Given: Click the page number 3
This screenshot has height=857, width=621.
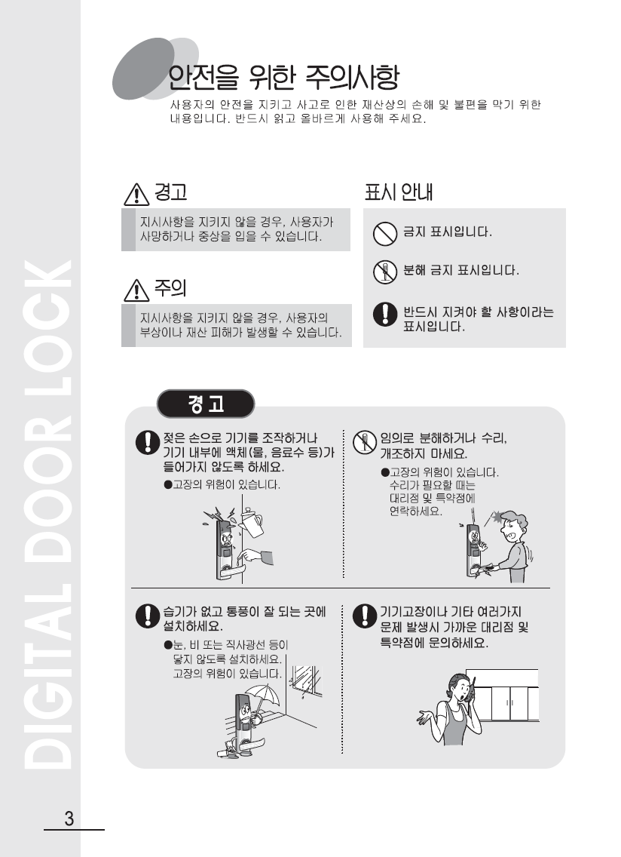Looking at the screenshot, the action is click(x=69, y=819).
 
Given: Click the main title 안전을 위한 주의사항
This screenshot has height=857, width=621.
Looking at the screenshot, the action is click(x=283, y=77).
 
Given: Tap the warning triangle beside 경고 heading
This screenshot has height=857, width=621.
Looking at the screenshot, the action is click(x=136, y=194).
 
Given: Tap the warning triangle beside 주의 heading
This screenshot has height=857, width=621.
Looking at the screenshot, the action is click(x=136, y=290).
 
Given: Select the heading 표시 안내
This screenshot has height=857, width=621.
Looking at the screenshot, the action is click(x=399, y=192).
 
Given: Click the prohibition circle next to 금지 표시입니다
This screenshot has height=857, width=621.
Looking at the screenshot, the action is click(x=384, y=234).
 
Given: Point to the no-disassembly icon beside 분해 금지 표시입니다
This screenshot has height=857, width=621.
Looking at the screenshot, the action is click(x=384, y=272).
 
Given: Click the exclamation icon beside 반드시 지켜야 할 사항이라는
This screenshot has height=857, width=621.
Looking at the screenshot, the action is click(x=384, y=314).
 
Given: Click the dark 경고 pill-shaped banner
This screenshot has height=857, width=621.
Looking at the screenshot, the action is click(x=206, y=404).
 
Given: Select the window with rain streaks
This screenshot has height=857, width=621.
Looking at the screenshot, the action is click(x=304, y=681).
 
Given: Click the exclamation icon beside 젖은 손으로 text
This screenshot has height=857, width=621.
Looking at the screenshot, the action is click(x=147, y=441).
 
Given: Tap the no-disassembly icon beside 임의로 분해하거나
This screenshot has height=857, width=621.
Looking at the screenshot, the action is click(x=364, y=441).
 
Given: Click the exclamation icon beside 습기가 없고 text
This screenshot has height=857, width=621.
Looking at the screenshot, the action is click(x=147, y=616).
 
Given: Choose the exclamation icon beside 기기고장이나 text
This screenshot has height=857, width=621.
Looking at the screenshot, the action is click(x=364, y=616).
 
